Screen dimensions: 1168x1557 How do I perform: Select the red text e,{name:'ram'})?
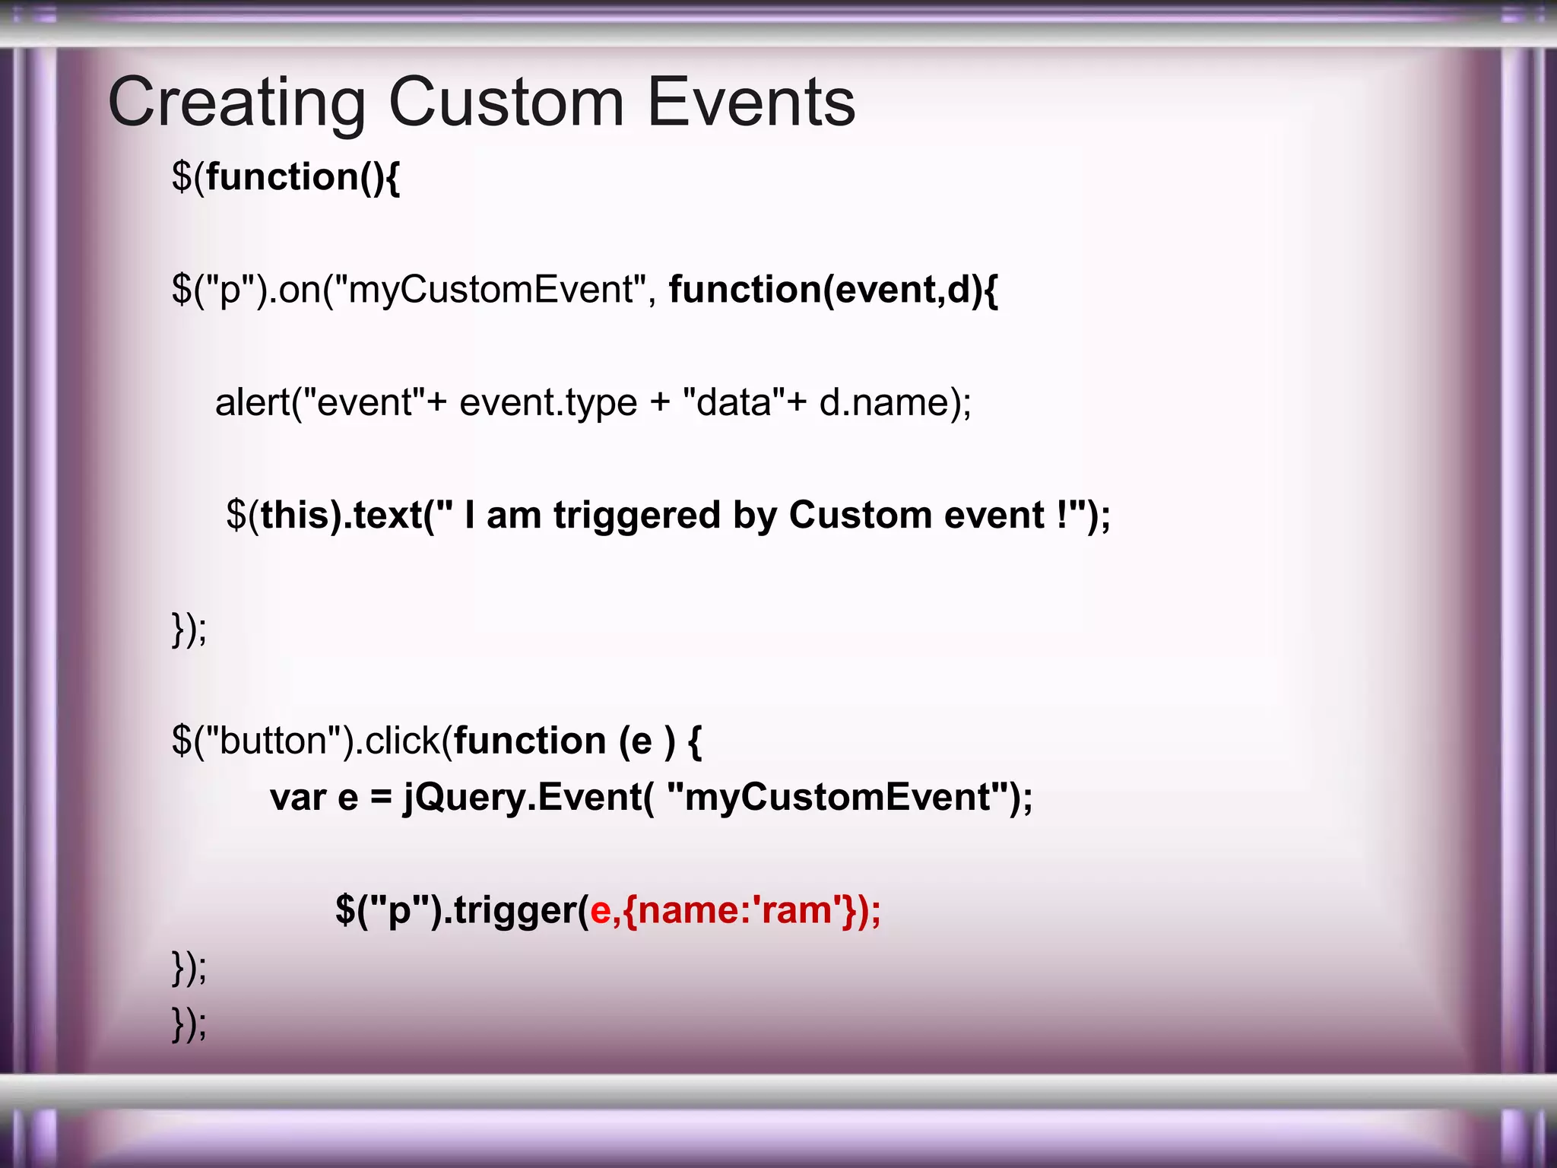tap(735, 910)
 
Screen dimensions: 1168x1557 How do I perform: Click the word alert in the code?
tap(252, 402)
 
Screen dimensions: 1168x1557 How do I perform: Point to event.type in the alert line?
tap(547, 402)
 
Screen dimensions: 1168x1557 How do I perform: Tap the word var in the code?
tap(298, 798)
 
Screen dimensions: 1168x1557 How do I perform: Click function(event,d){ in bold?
tap(832, 290)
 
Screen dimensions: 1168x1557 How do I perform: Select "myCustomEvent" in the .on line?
tap(490, 290)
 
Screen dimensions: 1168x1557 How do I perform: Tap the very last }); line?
tap(189, 1024)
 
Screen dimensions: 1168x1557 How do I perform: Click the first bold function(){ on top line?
tap(303, 177)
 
